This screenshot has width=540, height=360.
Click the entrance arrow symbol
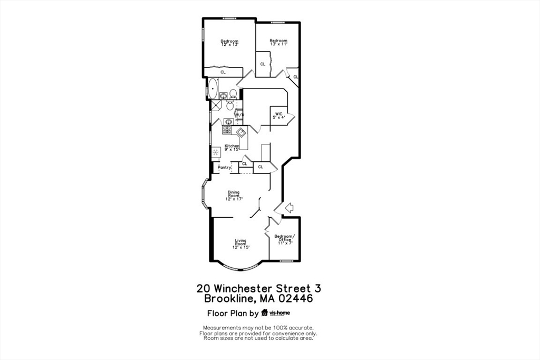click(x=288, y=208)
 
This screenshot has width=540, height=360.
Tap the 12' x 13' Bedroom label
click(x=229, y=43)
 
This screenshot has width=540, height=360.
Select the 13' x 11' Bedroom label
click(x=278, y=42)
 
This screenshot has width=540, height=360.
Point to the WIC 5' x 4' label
click(x=278, y=115)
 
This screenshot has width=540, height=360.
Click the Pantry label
click(x=225, y=168)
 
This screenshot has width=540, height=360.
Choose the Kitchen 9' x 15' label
click(x=232, y=148)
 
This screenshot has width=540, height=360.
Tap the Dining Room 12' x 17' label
click(x=234, y=196)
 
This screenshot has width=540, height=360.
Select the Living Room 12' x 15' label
click(x=240, y=244)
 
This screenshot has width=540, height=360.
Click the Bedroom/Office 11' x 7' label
click(x=285, y=239)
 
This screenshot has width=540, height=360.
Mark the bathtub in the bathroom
click(x=213, y=89)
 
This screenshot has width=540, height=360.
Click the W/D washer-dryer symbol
click(x=238, y=114)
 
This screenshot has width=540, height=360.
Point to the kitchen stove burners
click(x=227, y=130)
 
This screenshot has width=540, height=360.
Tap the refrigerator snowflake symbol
click(x=216, y=152)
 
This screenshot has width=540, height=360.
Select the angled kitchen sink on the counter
click(x=241, y=132)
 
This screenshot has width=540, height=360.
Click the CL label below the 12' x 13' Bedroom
click(x=223, y=72)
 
